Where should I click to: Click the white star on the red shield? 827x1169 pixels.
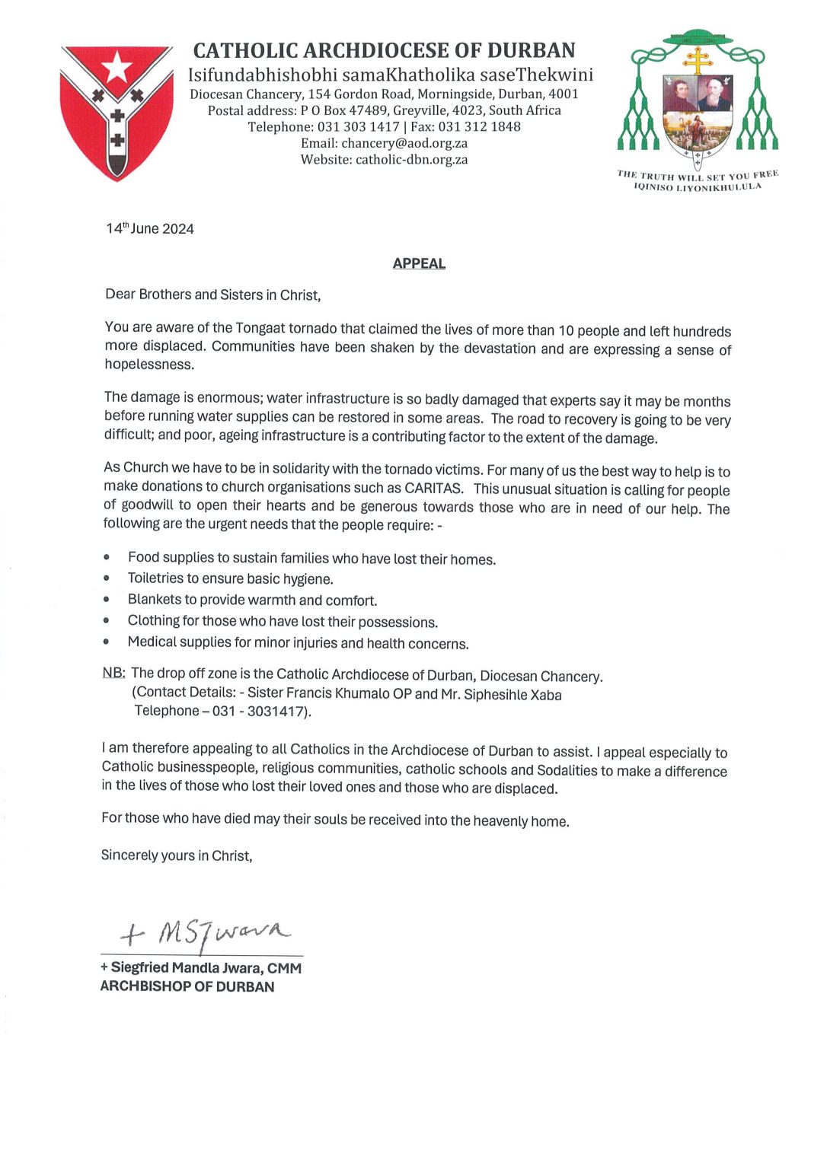pyautogui.click(x=117, y=67)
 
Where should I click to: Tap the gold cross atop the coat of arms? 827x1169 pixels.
pyautogui.click(x=698, y=60)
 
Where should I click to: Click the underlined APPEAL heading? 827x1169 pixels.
pyautogui.click(x=419, y=263)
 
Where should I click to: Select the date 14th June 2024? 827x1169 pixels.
pyautogui.click(x=150, y=228)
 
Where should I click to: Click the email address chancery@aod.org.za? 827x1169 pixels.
pyautogui.click(x=404, y=143)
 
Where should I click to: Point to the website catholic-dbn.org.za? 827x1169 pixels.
pyautogui.click(x=411, y=160)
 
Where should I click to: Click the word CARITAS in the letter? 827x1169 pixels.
pyautogui.click(x=433, y=488)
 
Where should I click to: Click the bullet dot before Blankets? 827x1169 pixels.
pyautogui.click(x=107, y=600)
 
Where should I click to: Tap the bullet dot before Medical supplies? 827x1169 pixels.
pyautogui.click(x=107, y=642)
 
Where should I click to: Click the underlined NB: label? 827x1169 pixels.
pyautogui.click(x=113, y=673)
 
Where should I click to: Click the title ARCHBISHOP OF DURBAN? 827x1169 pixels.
pyautogui.click(x=187, y=986)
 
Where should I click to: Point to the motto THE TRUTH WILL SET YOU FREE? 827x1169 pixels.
pyautogui.click(x=698, y=176)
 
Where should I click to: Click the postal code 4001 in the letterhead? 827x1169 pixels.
pyautogui.click(x=564, y=94)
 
